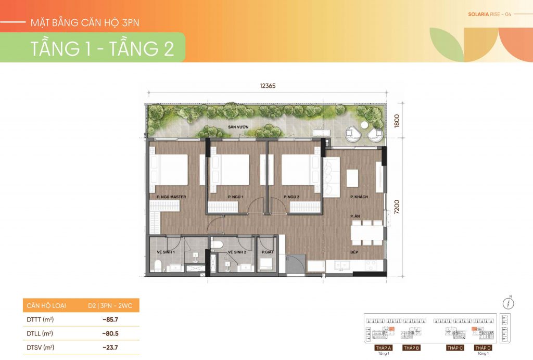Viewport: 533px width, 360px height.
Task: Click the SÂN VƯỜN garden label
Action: tap(230, 127)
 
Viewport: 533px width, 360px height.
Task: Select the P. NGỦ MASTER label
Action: tap(168, 197)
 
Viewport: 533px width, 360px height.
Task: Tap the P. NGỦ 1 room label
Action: tap(236, 197)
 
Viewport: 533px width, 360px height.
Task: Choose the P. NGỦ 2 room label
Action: tap(293, 197)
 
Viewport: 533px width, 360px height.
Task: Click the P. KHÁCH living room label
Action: tap(359, 197)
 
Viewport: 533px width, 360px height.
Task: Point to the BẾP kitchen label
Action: tap(356, 252)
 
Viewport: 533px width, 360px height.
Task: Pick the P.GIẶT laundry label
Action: tap(266, 252)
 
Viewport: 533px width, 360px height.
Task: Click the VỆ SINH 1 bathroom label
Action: tap(166, 252)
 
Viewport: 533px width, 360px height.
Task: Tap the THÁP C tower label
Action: tap(454, 348)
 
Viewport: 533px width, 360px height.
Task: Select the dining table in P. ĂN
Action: tap(366, 233)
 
